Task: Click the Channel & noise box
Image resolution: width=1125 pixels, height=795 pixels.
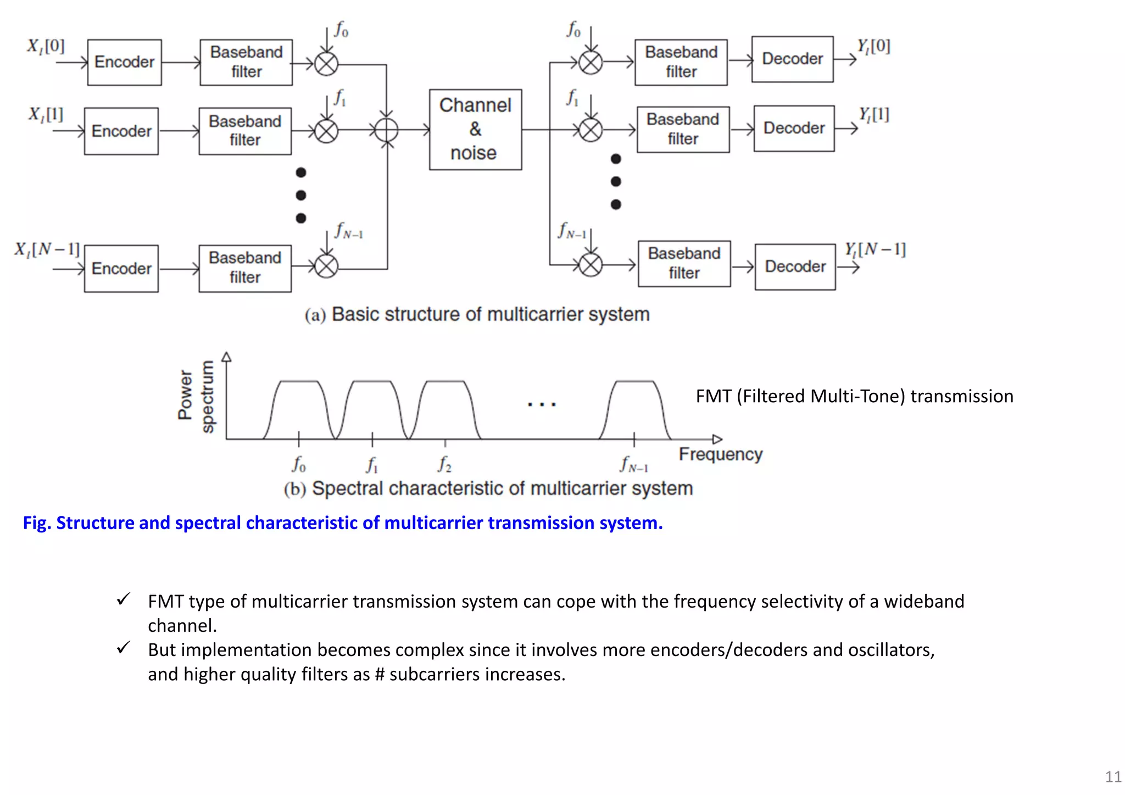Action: [475, 130]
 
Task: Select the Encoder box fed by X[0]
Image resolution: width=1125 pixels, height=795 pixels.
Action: [125, 62]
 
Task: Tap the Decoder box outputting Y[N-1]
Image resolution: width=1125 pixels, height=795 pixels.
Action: [795, 267]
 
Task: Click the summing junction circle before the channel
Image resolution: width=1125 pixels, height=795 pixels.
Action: [387, 130]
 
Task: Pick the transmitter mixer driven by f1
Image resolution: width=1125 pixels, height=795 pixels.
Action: [326, 131]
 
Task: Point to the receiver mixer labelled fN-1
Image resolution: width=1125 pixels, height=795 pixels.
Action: [591, 265]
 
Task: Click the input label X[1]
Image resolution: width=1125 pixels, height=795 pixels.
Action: [46, 114]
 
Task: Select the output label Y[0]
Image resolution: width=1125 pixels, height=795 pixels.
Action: [873, 46]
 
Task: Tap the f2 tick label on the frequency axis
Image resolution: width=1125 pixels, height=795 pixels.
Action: [444, 465]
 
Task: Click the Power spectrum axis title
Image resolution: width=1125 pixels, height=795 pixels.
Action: [196, 396]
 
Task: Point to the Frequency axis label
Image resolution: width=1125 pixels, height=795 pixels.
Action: [720, 454]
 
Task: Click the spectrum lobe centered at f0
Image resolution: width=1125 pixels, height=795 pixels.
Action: [299, 407]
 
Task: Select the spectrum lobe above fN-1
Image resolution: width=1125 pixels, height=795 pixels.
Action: [634, 407]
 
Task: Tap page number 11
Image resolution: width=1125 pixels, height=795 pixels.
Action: [1113, 777]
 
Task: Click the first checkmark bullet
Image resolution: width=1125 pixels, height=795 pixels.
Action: [124, 599]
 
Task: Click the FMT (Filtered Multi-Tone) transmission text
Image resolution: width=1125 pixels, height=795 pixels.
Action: [854, 396]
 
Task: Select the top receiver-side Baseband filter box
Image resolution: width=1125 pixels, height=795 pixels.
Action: [681, 62]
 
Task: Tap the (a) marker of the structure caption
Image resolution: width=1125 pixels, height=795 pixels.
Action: [315, 315]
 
